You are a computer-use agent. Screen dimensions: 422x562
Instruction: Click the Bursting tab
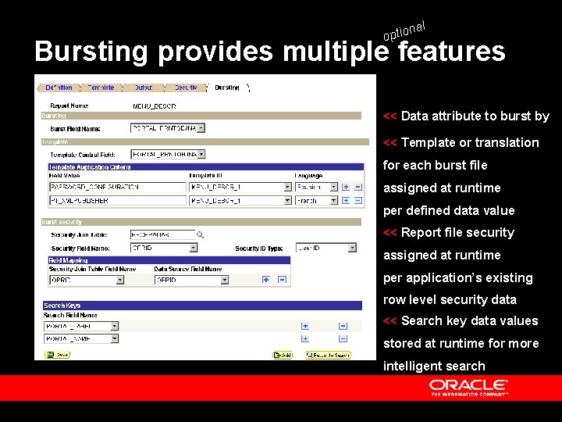[x=227, y=88]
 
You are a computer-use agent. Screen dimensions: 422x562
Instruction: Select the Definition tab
[x=59, y=88]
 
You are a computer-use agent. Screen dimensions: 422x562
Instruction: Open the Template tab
[x=101, y=88]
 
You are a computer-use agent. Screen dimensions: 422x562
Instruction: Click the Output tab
[x=144, y=88]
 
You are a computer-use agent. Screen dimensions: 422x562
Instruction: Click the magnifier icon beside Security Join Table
[x=200, y=234]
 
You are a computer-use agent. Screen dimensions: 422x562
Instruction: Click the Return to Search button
[x=328, y=355]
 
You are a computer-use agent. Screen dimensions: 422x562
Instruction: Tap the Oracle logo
[x=468, y=387]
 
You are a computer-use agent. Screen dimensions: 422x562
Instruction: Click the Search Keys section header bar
[x=203, y=305]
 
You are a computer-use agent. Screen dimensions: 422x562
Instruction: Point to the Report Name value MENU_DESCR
[x=155, y=105]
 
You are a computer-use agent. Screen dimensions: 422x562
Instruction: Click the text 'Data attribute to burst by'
[x=475, y=116]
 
